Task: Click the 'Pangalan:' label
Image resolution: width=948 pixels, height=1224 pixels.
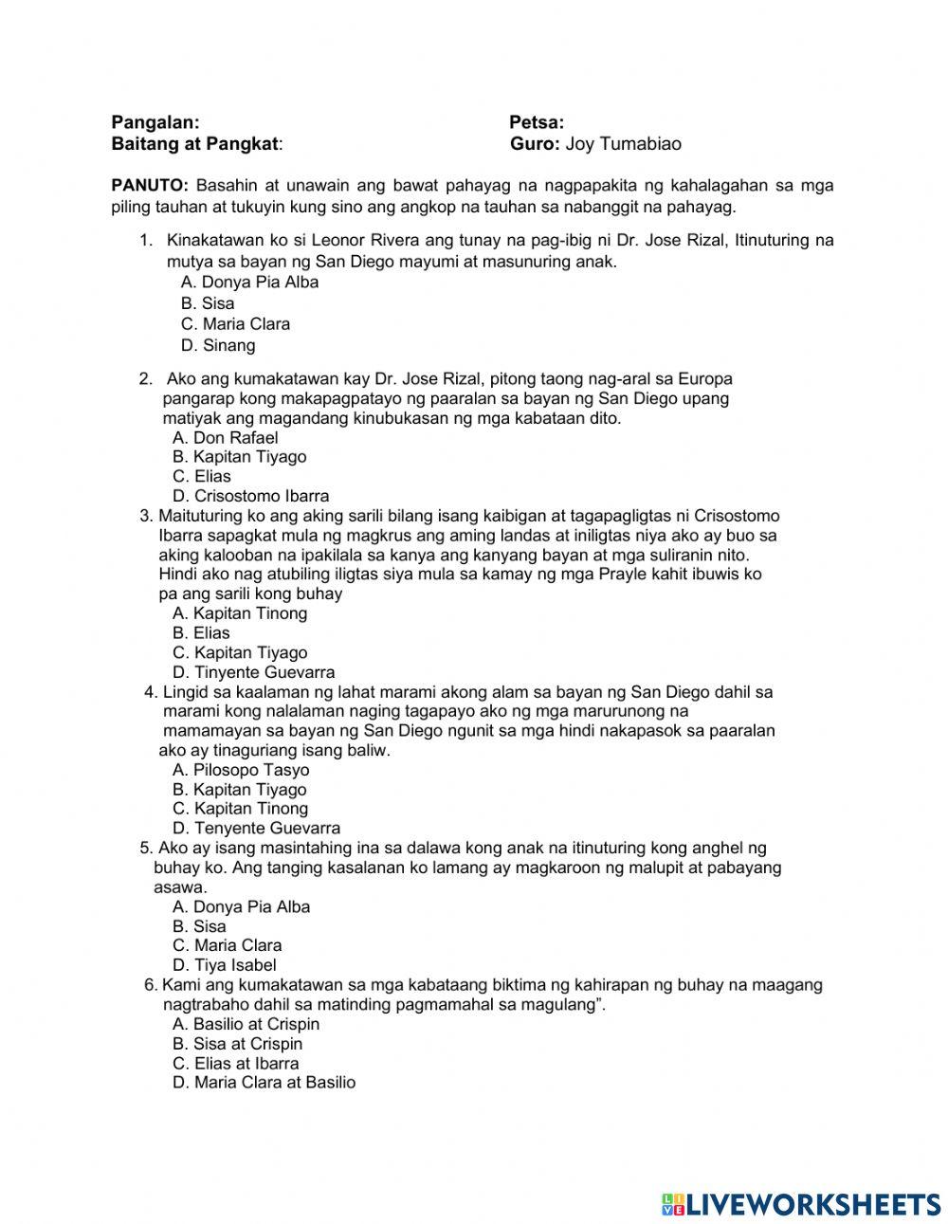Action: [x=155, y=122]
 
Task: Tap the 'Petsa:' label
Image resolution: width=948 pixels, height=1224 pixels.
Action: [x=537, y=122]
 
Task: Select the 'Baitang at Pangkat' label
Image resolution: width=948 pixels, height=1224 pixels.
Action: [x=196, y=144]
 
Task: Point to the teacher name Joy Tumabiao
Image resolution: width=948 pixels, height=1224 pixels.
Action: [x=623, y=144]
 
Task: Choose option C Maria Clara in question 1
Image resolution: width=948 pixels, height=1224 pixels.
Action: [x=235, y=324]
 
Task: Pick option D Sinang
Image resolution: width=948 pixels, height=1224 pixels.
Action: [x=218, y=346]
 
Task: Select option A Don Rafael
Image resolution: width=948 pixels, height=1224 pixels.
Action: [x=226, y=437]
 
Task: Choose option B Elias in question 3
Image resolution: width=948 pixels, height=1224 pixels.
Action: [x=201, y=633]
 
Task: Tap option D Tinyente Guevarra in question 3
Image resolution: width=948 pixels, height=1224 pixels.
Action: [x=253, y=672]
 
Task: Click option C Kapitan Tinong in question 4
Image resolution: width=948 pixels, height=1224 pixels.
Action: [x=240, y=809]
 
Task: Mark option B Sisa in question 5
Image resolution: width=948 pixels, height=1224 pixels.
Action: [x=199, y=926]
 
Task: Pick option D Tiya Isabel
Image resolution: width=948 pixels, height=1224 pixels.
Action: [x=225, y=965]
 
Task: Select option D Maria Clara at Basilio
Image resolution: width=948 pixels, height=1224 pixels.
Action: [x=264, y=1083]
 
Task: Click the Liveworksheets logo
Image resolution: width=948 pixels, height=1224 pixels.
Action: [x=801, y=1203]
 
